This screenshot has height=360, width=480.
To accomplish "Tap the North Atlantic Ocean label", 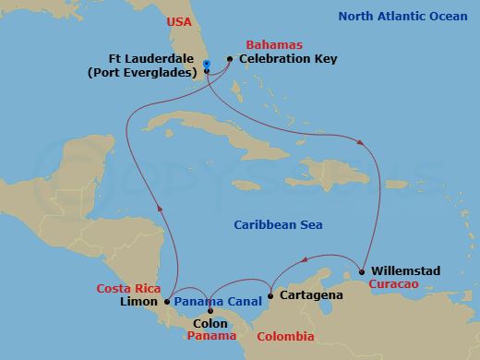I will (403, 16).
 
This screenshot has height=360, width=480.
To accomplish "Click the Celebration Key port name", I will (288, 59).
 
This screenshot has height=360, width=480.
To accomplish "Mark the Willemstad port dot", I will (362, 271).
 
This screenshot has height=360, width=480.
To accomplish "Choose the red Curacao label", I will (395, 285).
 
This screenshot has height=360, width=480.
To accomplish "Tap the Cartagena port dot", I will (270, 296).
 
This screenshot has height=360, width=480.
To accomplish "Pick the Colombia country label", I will (284, 337).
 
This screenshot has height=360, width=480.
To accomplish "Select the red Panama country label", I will (211, 337).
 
